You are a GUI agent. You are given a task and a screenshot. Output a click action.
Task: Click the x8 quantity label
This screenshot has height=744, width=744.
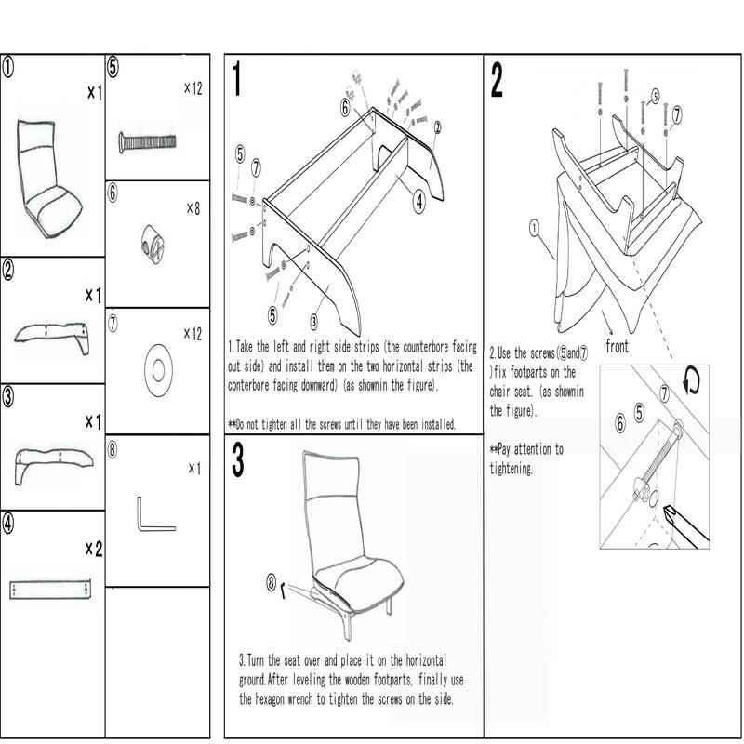click(x=193, y=208)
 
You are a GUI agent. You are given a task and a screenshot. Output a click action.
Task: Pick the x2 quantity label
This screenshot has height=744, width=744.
click(x=93, y=549)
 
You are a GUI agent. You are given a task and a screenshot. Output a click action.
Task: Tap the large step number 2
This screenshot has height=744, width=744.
click(x=498, y=82)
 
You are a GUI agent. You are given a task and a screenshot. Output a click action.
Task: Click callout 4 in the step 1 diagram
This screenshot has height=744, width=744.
click(x=419, y=198)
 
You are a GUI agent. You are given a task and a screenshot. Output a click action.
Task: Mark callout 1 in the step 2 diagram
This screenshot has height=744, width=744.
click(x=535, y=225)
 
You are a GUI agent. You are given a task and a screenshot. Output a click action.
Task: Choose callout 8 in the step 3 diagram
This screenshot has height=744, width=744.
click(x=272, y=584)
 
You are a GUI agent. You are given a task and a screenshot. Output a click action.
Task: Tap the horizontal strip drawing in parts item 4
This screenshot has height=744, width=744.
click(x=51, y=589)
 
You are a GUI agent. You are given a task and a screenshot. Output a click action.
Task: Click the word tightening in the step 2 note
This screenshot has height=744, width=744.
click(x=511, y=469)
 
